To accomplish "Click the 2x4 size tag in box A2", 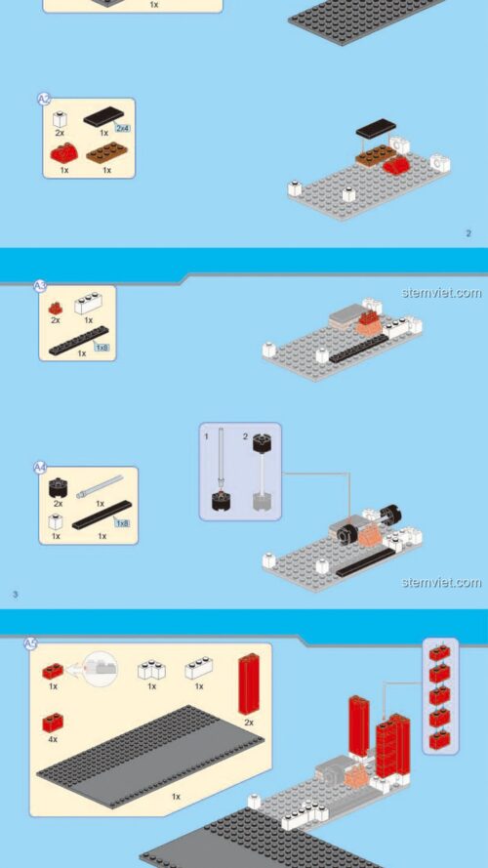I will pyautogui.click(x=122, y=128).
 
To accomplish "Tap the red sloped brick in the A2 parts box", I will pyautogui.click(x=63, y=152).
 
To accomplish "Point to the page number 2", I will pyautogui.click(x=468, y=233).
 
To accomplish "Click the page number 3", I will pyautogui.click(x=15, y=593).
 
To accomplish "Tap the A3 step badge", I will pyautogui.click(x=40, y=286).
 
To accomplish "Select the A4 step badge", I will pyautogui.click(x=41, y=468).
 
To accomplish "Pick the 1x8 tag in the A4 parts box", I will pyautogui.click(x=122, y=523).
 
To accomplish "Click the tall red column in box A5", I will pyautogui.click(x=249, y=683).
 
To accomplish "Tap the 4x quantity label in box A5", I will pyautogui.click(x=53, y=740).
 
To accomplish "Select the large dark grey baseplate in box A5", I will pyautogui.click(x=146, y=752).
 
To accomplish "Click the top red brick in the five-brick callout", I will pyautogui.click(x=439, y=653).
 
